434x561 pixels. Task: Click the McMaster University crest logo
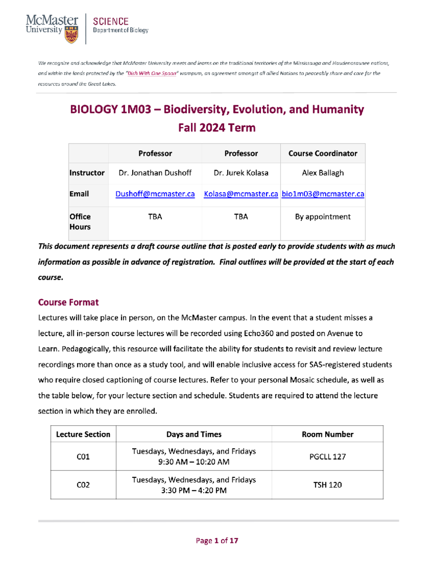[x=71, y=35]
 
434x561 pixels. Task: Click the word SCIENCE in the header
[x=111, y=22]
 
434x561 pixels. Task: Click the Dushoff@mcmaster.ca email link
[x=155, y=194]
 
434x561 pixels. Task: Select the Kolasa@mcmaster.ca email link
[x=241, y=194]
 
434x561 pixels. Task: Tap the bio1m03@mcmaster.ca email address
[x=323, y=194]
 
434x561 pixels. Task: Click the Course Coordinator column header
[x=323, y=154]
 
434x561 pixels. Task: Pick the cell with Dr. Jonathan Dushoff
[x=155, y=173]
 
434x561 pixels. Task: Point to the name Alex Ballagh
[x=323, y=173]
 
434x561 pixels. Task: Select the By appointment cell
[x=323, y=217]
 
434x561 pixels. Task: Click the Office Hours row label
[x=80, y=222]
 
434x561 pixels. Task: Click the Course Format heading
[x=68, y=302]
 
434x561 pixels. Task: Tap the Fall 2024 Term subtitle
[x=217, y=128]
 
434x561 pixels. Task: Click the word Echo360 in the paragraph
[x=259, y=333]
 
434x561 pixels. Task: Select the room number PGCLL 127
[x=327, y=457]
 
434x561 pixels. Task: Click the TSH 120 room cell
[x=327, y=485]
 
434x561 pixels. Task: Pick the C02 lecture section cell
[x=83, y=485]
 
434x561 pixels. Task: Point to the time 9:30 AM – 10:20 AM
[x=194, y=462]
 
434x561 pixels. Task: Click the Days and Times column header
[x=194, y=435]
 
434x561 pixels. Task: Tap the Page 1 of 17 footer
[x=217, y=541]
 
